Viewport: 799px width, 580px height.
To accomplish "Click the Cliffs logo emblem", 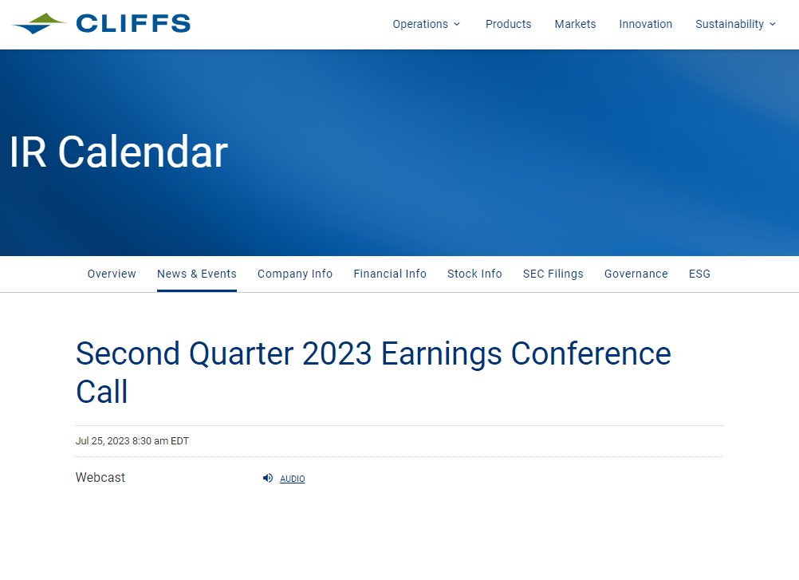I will point(40,23).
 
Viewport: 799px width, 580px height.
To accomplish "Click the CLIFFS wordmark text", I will point(133,24).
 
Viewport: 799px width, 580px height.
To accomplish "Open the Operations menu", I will point(426,24).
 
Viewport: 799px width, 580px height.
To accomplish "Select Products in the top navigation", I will point(508,24).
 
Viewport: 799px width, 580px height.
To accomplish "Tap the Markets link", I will point(575,24).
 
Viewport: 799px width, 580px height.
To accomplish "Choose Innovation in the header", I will point(645,24).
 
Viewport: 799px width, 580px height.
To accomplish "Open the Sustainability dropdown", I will point(730,24).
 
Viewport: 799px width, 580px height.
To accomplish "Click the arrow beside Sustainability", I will point(772,24).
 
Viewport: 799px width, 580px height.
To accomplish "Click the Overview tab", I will point(112,274).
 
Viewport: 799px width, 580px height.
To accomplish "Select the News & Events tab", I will point(196,274).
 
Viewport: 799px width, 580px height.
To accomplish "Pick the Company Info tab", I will point(295,274).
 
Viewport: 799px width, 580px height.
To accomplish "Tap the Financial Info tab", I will point(390,274).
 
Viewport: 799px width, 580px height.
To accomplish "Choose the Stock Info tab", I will point(474,274).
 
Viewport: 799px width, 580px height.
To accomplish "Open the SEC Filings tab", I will point(553,274).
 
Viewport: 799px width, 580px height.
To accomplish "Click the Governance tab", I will point(636,274).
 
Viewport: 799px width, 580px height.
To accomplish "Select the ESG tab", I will point(699,274).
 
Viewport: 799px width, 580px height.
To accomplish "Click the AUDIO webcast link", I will point(292,479).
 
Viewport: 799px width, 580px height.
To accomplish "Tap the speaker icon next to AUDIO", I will point(268,478).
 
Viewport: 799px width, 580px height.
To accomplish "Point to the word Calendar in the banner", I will point(143,152).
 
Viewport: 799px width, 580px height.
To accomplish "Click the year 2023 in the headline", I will point(337,353).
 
